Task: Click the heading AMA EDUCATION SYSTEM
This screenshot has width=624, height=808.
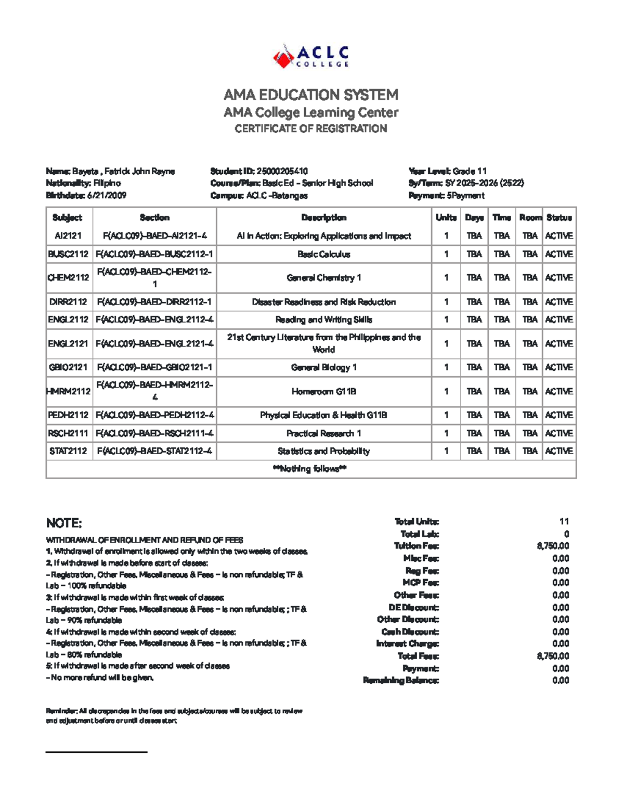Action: [x=311, y=95]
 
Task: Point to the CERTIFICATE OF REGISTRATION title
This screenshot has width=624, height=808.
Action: [x=311, y=129]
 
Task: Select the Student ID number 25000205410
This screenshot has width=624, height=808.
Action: [x=282, y=171]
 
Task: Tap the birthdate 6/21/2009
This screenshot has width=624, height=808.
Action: [x=107, y=196]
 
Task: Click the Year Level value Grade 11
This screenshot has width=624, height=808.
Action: [x=470, y=171]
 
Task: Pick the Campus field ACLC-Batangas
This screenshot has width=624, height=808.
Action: [x=277, y=196]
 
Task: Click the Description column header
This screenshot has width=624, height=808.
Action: [x=323, y=217]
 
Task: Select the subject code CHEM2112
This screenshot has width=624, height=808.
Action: [x=68, y=278]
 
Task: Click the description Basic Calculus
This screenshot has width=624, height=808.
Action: [x=323, y=254]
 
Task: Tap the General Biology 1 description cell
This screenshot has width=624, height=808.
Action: [x=323, y=367]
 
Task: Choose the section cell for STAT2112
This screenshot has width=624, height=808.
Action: [x=154, y=451]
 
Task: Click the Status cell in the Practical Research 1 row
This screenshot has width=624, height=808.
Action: [x=559, y=433]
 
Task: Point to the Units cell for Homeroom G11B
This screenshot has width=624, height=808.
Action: [x=446, y=391]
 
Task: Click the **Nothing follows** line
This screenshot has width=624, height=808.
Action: [x=310, y=469]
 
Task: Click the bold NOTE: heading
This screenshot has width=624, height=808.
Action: [x=64, y=523]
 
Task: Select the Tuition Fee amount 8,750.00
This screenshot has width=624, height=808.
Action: [x=553, y=546]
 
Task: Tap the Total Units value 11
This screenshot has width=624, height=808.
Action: [x=564, y=521]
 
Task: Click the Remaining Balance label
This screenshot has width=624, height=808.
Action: [x=400, y=681]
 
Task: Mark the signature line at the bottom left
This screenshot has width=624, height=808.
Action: [x=97, y=752]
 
